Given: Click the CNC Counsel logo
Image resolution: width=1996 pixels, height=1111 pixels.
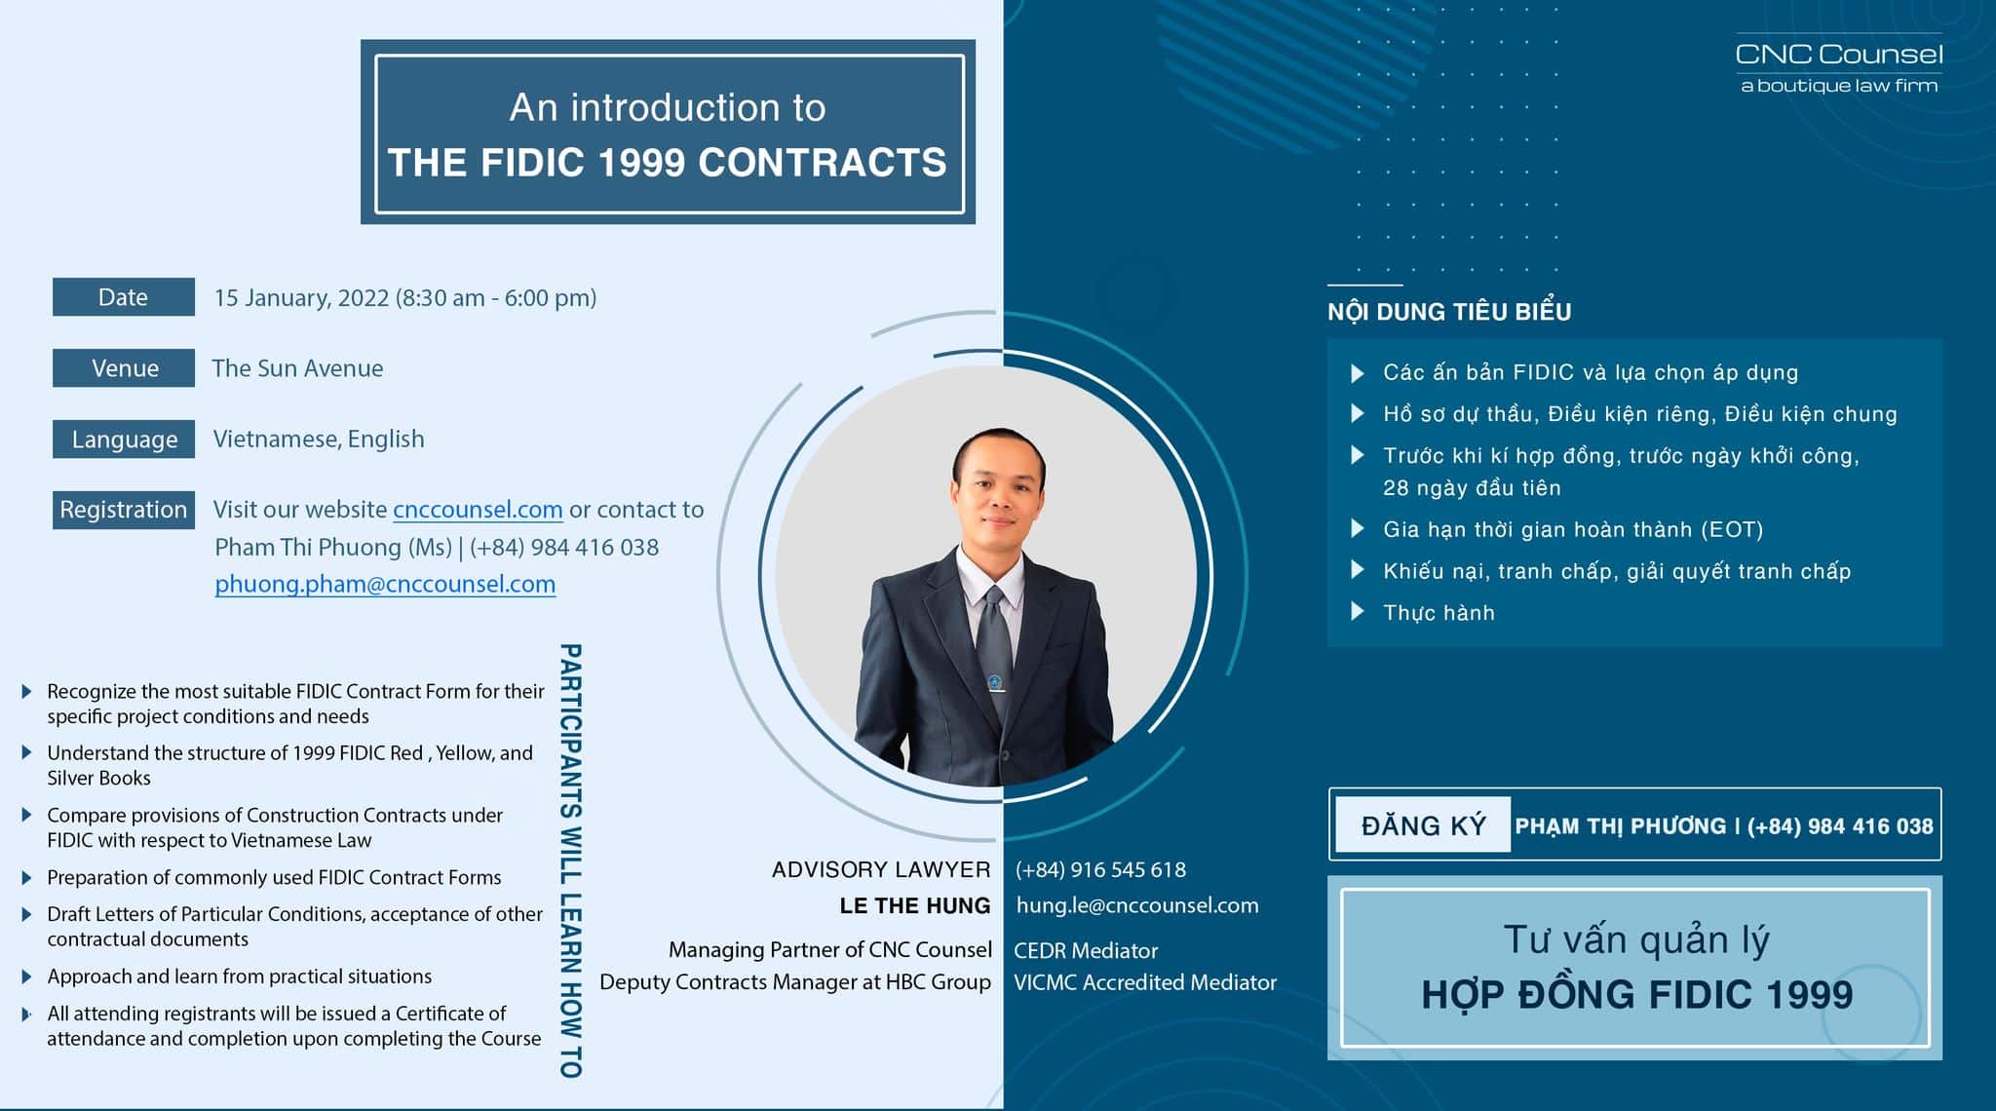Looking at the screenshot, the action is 1839,66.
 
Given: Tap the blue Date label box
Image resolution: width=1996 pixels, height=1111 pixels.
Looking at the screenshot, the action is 124,297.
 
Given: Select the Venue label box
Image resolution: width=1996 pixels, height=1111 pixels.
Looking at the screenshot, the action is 124,368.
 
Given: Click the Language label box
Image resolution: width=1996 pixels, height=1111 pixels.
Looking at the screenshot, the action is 124,440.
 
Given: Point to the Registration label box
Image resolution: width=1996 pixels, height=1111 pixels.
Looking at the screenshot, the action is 124,510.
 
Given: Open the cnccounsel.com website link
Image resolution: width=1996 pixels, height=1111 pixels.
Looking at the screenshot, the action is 478,510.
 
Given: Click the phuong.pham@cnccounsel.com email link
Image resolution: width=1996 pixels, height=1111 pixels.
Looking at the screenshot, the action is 385,584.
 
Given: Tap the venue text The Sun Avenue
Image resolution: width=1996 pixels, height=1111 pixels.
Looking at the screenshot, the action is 297,368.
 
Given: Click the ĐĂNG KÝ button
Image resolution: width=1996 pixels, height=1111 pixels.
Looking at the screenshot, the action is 1423,825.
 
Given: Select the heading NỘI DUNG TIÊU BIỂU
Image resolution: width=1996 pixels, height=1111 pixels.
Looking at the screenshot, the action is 1449,312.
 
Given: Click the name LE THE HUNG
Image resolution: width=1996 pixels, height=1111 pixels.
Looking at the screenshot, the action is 915,905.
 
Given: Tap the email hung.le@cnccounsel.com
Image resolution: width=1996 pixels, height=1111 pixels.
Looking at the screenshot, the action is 1137,905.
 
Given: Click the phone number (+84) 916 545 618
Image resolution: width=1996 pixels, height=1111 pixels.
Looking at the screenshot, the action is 1100,869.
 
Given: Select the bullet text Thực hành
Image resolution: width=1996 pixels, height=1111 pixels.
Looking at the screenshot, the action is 1439,613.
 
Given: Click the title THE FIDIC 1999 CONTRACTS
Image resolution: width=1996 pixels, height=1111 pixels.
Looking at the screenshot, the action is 668,162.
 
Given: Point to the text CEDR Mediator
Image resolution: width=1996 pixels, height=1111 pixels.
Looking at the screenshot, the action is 1086,950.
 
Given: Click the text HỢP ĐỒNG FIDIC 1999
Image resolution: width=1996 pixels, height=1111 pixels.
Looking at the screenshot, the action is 1636,994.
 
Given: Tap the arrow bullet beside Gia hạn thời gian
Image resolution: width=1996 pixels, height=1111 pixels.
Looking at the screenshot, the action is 1357,529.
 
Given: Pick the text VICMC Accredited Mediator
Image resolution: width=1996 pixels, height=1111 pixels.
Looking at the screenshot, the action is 1145,982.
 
